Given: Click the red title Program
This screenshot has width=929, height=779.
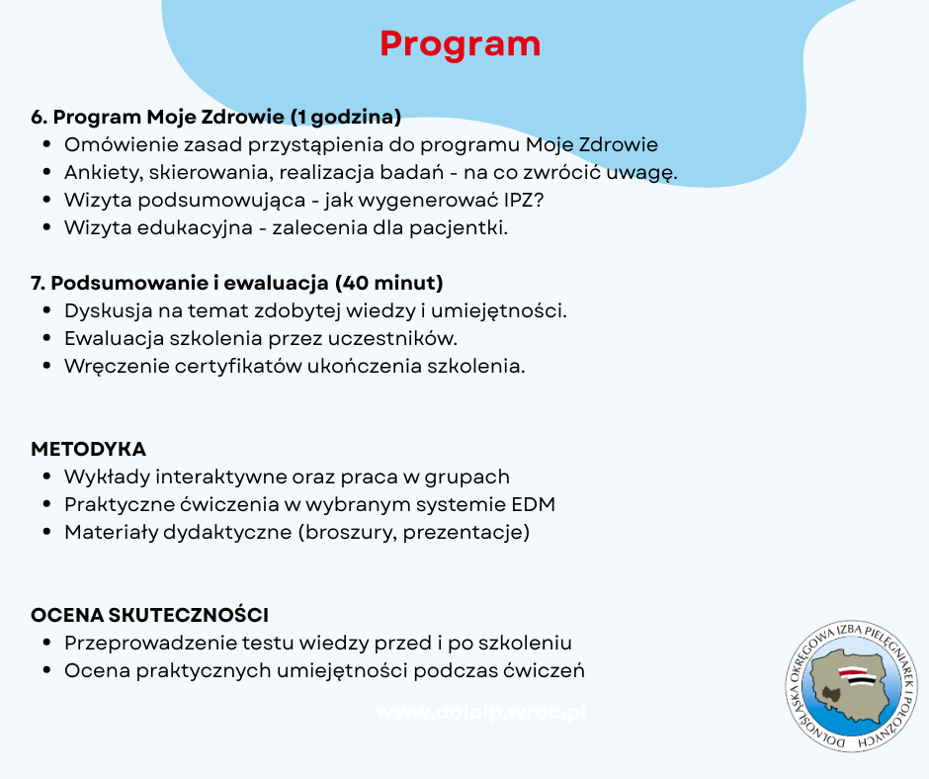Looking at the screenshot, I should click(460, 44).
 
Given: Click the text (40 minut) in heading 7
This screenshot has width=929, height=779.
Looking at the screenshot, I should click(389, 283).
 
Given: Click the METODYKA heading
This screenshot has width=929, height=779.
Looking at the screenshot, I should click(89, 449).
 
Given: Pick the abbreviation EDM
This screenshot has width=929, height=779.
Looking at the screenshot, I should click(533, 504).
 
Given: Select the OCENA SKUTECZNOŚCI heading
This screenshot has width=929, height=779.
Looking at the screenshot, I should click(150, 615).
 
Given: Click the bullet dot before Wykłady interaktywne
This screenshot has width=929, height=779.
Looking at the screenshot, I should click(47, 476).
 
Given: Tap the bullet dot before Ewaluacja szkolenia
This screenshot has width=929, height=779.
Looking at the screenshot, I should click(47, 338).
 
